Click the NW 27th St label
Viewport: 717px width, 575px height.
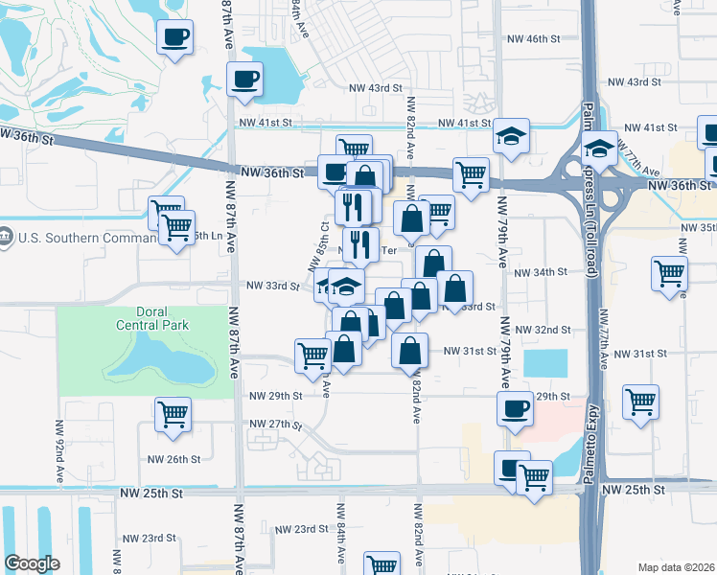[x=275, y=424]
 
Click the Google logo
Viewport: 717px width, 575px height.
[x=32, y=563]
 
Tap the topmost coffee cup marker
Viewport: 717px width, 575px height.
[x=175, y=38]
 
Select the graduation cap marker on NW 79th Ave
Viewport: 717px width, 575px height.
[x=512, y=137]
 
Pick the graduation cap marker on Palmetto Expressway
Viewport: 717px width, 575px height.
[x=600, y=149]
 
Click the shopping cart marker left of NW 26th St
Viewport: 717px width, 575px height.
[x=173, y=415]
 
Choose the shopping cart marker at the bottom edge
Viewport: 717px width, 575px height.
[x=382, y=564]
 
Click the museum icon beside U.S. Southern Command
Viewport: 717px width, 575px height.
[x=6, y=236]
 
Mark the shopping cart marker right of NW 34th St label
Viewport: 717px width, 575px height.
[x=669, y=272]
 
